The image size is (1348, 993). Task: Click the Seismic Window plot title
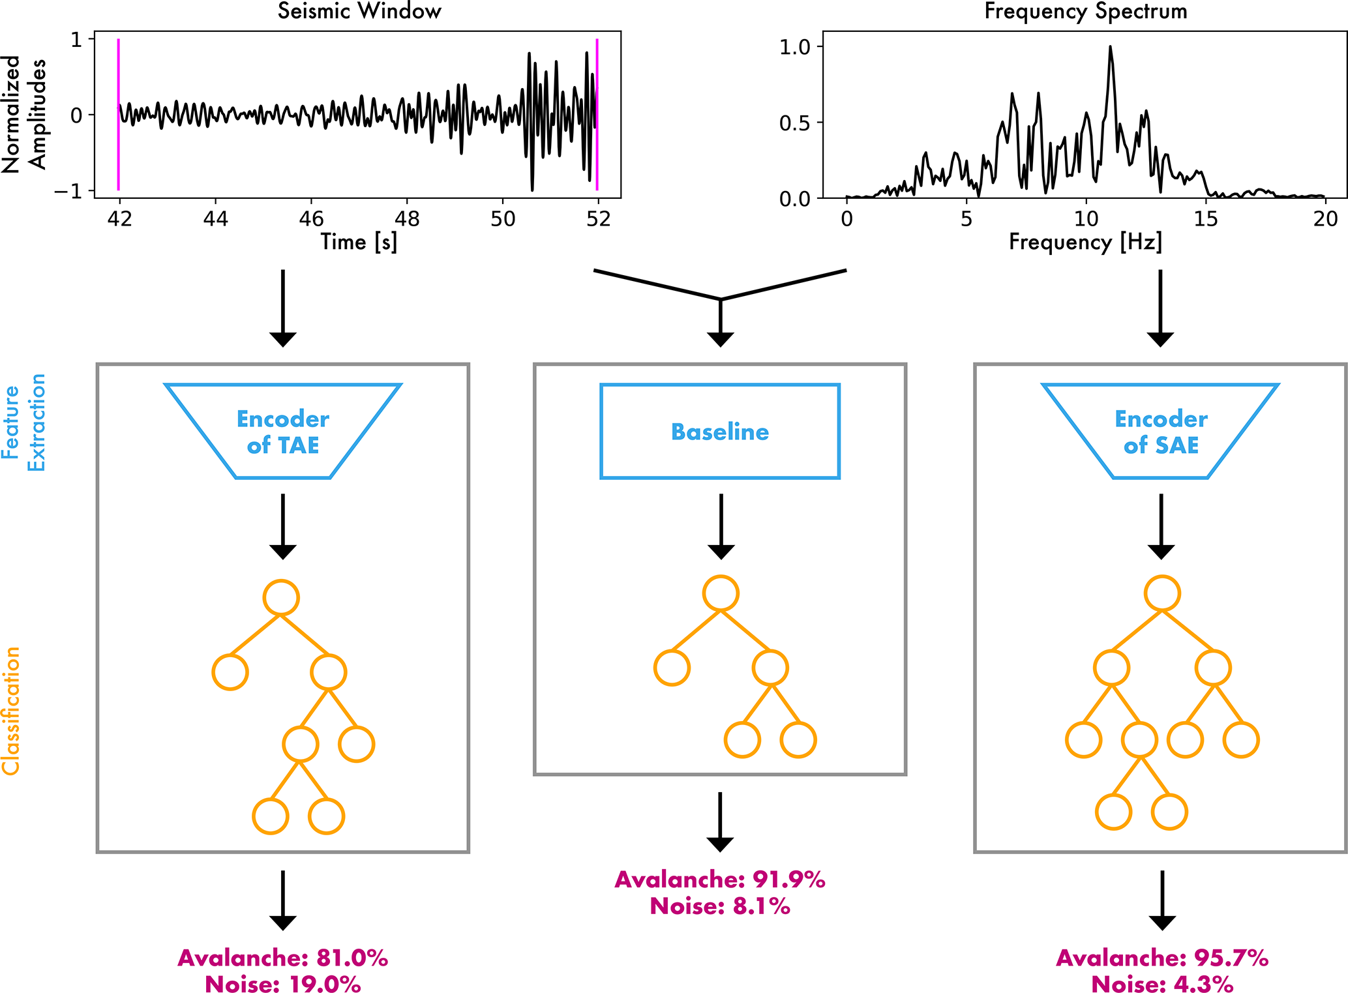359,11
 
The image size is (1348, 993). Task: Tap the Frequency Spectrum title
1085,11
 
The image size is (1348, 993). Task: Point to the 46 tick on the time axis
311,218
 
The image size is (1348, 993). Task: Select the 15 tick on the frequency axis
1206,218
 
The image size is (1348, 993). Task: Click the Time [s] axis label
359,243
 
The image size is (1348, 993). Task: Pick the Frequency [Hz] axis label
1085,243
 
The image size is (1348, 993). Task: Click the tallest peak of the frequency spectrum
1110,48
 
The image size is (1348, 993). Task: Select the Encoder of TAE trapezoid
282,432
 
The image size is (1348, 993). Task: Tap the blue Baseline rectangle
719,432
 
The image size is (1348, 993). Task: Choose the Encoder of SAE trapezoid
1160,432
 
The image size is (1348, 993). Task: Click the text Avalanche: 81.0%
282,958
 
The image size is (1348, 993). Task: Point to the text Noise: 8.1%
719,906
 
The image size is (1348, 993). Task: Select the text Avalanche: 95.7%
1161,958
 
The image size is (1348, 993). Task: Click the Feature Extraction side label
23,422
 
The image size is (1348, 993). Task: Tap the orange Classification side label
11,711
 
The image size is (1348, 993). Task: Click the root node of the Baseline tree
721,593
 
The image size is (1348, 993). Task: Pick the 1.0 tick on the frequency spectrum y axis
794,47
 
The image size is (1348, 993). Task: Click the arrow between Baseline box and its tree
721,525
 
